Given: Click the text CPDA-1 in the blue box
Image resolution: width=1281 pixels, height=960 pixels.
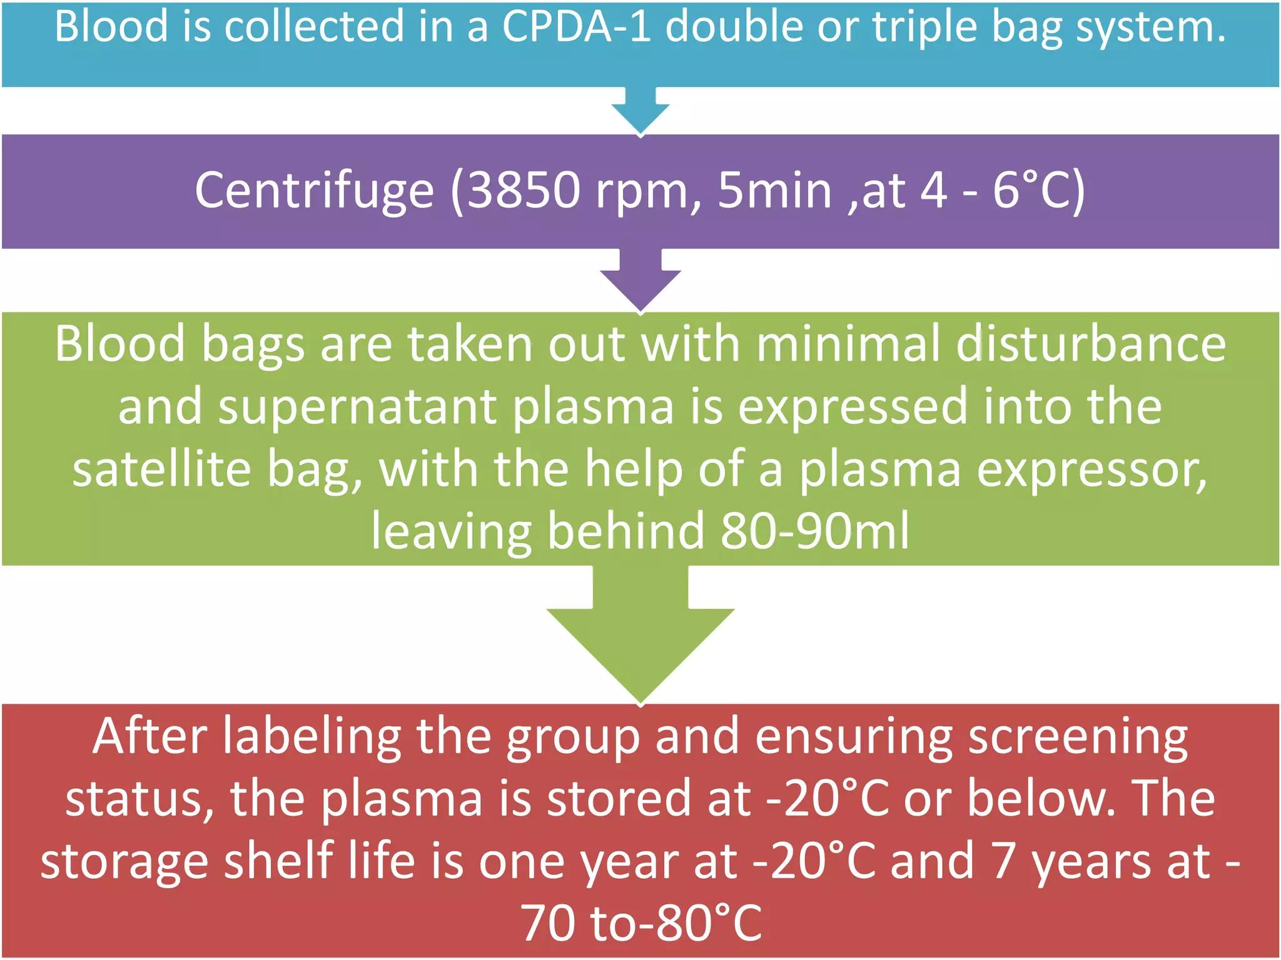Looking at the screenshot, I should pyautogui.click(x=576, y=27).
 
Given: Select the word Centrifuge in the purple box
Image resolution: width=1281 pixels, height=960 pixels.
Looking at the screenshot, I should pyautogui.click(x=314, y=191).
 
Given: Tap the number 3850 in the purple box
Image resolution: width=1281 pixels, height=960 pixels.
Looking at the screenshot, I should pyautogui.click(x=523, y=191).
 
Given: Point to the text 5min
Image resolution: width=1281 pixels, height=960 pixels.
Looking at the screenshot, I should pyautogui.click(x=774, y=191).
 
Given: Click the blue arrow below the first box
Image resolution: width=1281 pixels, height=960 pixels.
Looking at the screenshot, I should pyautogui.click(x=640, y=112).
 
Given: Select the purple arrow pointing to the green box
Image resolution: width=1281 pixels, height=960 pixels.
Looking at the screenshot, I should pyautogui.click(x=640, y=281).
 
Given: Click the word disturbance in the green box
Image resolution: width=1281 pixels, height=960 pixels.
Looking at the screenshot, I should pyautogui.click(x=1091, y=344).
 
